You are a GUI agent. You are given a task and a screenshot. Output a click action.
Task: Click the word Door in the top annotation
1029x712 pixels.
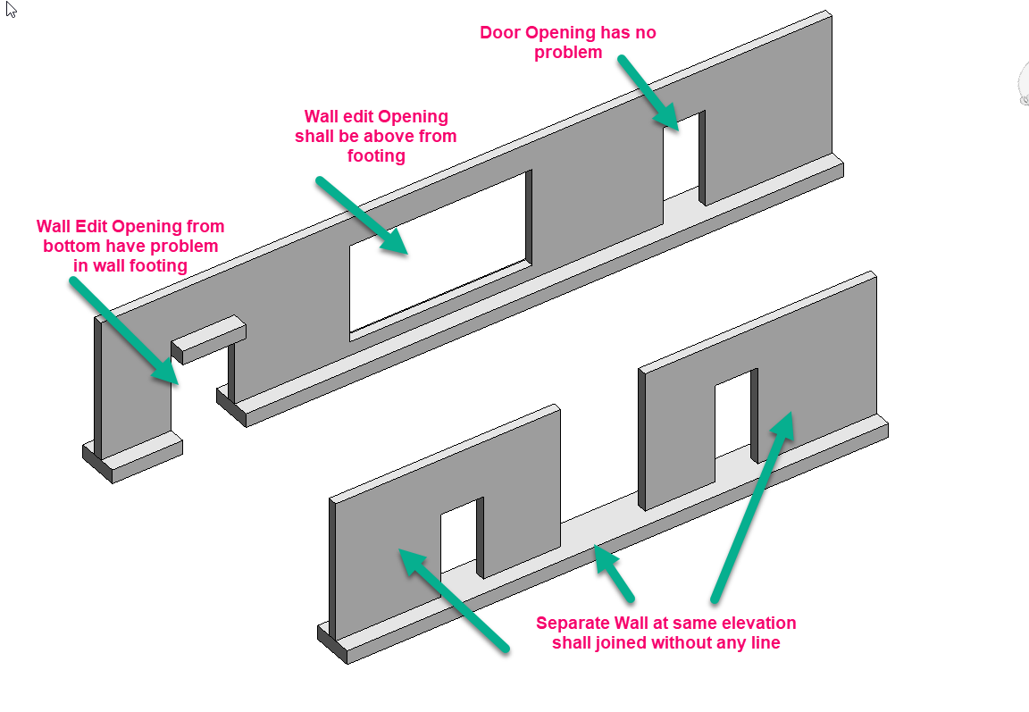[x=500, y=32]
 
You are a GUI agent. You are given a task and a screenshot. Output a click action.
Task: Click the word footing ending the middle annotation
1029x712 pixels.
[x=376, y=156]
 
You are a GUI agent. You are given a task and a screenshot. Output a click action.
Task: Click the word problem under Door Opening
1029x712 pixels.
[x=568, y=53]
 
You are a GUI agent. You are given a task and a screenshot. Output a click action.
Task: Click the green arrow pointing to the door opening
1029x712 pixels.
[x=648, y=93]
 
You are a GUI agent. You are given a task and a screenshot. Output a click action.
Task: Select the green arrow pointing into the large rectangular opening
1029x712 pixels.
[x=362, y=215]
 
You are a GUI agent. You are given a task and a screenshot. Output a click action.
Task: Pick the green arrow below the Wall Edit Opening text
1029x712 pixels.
[x=124, y=330]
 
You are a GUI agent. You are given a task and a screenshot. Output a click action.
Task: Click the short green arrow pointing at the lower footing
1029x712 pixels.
[x=615, y=573]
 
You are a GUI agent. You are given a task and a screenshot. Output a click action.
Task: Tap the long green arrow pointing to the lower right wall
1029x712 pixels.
[x=753, y=506]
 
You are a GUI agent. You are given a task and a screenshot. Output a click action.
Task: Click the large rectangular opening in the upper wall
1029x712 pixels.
[x=439, y=255]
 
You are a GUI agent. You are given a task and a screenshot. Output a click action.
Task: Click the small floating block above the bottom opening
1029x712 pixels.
[x=209, y=339]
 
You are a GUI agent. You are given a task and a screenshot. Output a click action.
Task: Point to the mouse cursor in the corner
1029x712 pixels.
[x=11, y=10]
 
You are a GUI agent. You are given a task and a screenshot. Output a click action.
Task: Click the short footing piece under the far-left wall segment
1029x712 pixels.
[x=132, y=457]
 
